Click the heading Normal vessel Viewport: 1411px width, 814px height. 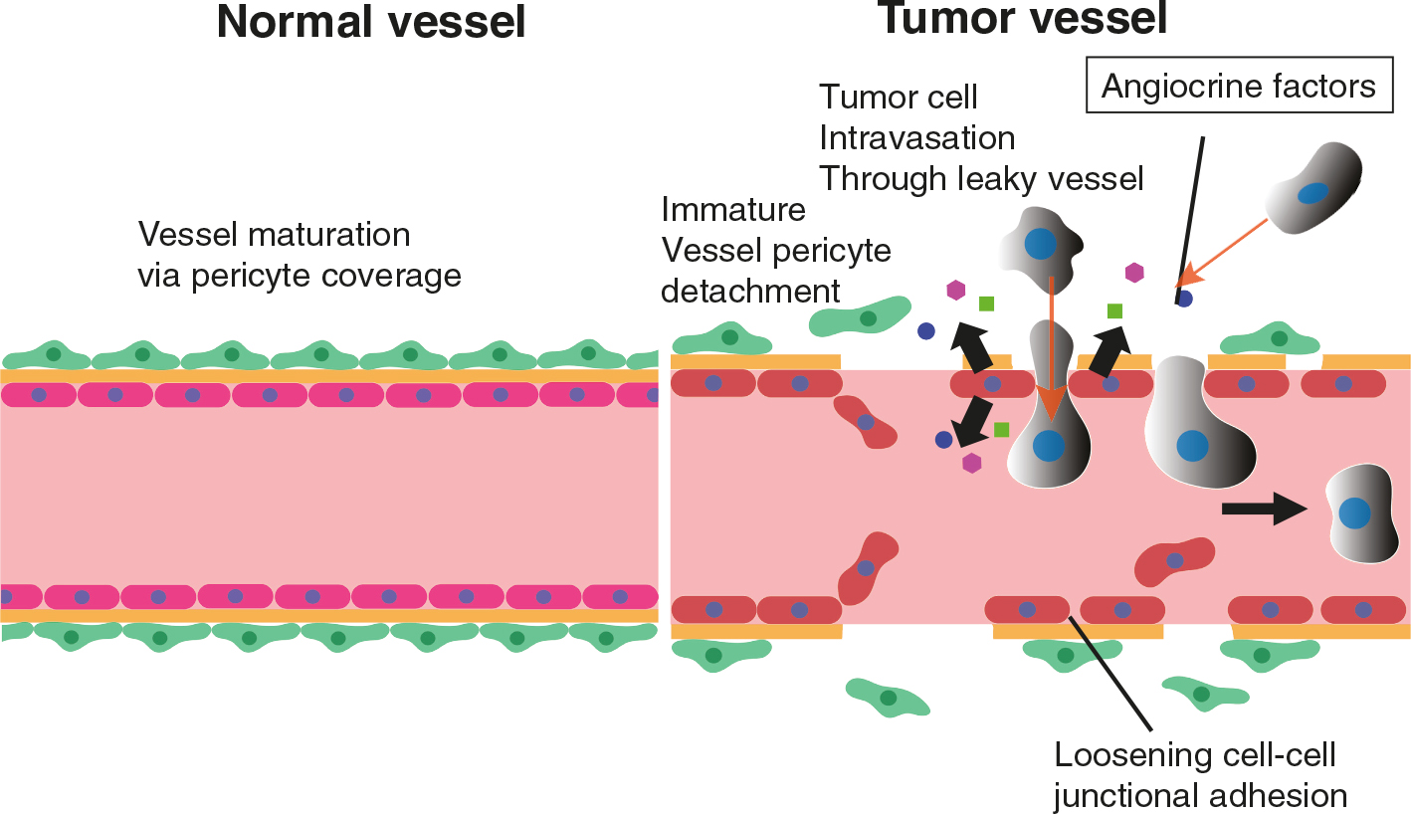click(x=370, y=22)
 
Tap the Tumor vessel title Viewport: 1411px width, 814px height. click(x=1024, y=18)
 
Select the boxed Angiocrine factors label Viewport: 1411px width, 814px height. click(x=1239, y=87)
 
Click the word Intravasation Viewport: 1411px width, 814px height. click(x=916, y=137)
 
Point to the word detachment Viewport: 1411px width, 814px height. click(x=750, y=291)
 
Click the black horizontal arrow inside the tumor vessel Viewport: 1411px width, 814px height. click(x=1263, y=509)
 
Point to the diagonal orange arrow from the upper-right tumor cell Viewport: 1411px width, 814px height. click(x=1226, y=249)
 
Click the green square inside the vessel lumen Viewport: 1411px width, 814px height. click(x=1001, y=430)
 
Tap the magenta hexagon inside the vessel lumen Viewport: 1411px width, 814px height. click(x=971, y=463)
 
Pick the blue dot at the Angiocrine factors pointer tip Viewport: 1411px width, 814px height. click(x=1184, y=298)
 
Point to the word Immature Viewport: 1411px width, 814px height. click(x=732, y=211)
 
